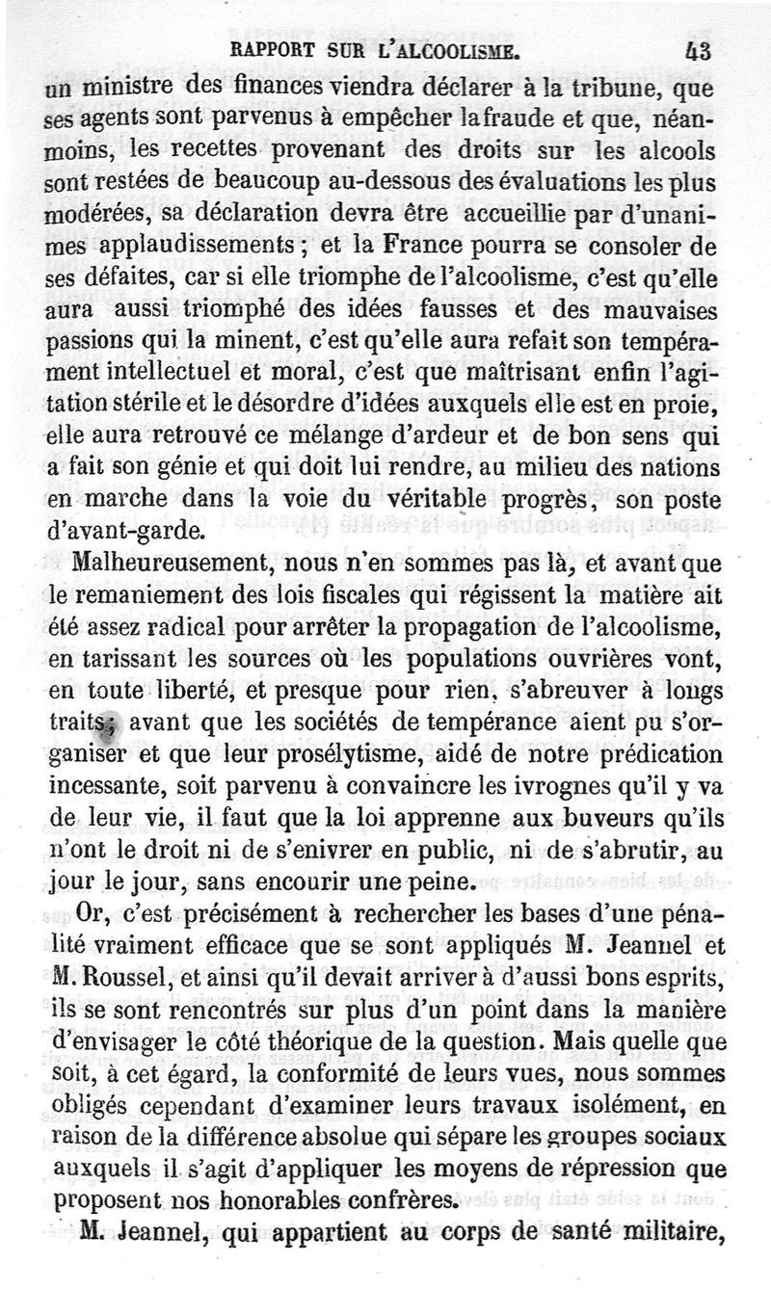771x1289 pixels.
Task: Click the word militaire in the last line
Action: pyautogui.click(x=663, y=1233)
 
